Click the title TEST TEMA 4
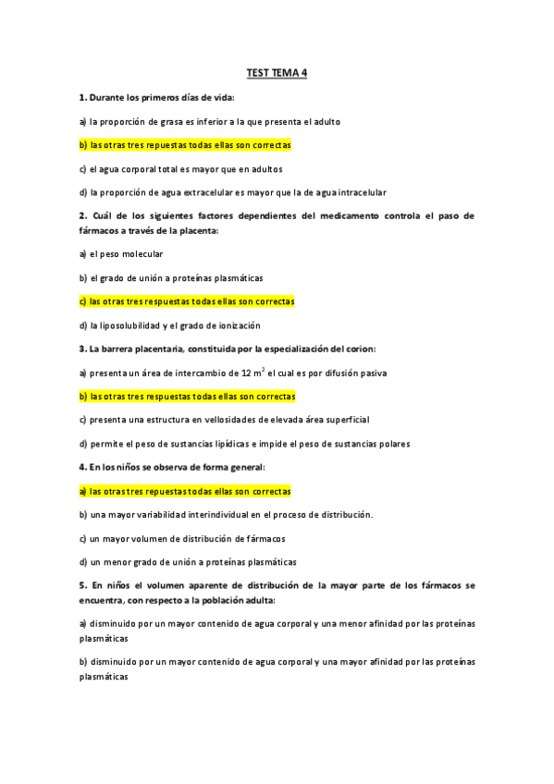click(x=277, y=73)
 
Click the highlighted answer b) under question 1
click(x=185, y=145)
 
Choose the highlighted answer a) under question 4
click(x=185, y=491)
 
